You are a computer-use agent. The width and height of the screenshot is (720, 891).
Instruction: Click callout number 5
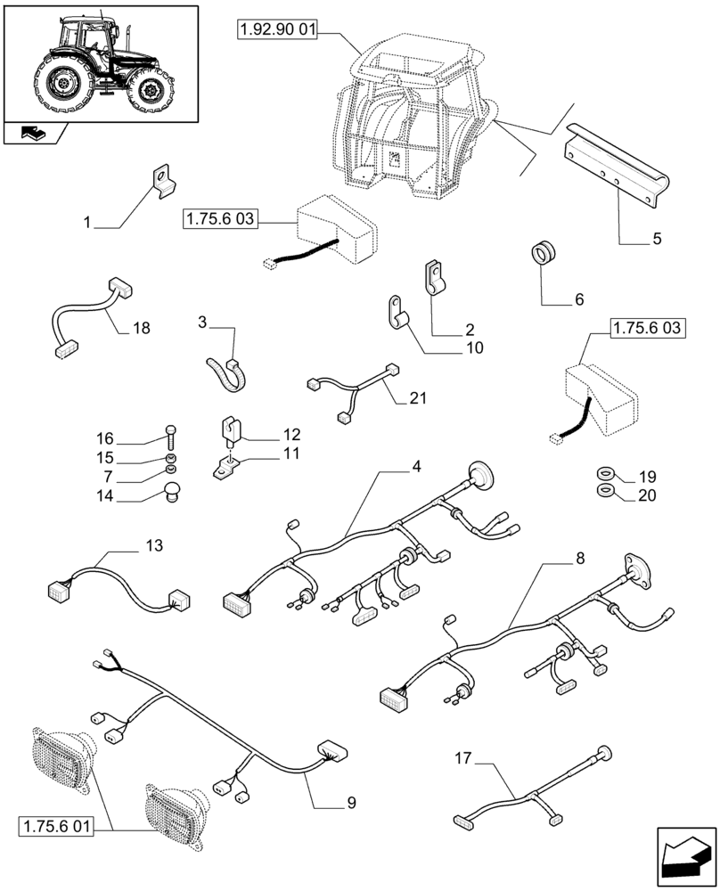click(656, 239)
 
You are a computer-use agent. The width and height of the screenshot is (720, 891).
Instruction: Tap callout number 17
click(462, 760)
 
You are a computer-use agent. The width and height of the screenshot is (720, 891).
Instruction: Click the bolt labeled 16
click(171, 437)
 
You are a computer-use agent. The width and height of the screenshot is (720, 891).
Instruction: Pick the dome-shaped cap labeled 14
click(172, 489)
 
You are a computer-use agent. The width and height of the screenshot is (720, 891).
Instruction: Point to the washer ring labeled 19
click(603, 474)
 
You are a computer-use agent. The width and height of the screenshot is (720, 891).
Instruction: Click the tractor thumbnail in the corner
click(100, 61)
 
